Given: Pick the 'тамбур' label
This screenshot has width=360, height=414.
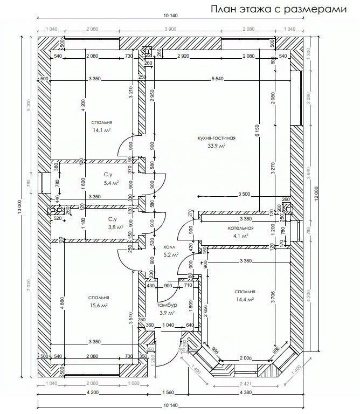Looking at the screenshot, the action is (x=168, y=305).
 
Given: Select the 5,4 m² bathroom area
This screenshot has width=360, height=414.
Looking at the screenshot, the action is (x=112, y=183).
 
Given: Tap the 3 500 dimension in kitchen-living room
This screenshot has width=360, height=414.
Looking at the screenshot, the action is (x=246, y=193).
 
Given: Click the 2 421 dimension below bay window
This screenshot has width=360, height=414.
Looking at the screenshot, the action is (x=245, y=383).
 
